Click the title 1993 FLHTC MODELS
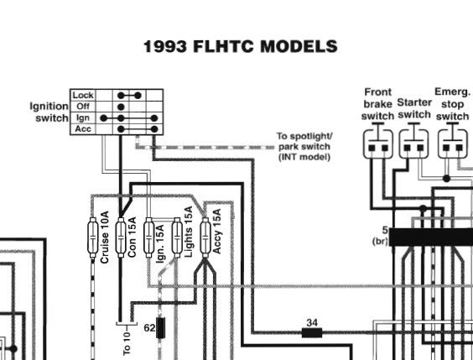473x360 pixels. click(x=241, y=47)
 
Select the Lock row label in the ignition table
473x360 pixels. click(x=83, y=96)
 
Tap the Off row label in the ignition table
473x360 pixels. click(x=83, y=107)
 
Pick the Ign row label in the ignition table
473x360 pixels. click(x=83, y=118)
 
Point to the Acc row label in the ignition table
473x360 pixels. click(x=83, y=129)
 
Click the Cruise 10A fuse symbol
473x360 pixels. click(x=93, y=237)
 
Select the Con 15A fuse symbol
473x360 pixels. click(x=121, y=237)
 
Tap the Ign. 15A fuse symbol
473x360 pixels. click(x=148, y=237)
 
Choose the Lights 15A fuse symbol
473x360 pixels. click(x=177, y=237)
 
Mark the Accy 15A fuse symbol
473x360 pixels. click(x=205, y=237)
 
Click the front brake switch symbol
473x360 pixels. click(x=378, y=141)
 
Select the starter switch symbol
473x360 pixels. click(x=413, y=141)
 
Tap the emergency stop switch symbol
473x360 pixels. click(x=453, y=141)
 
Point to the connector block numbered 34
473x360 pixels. click(x=312, y=333)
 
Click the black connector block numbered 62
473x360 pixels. click(x=160, y=328)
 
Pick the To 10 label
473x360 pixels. click(x=127, y=343)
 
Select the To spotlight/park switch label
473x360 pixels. click(x=304, y=147)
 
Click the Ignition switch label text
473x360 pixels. click(x=49, y=112)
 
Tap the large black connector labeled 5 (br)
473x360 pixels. click(x=431, y=237)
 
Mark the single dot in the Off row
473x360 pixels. click(x=121, y=107)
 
